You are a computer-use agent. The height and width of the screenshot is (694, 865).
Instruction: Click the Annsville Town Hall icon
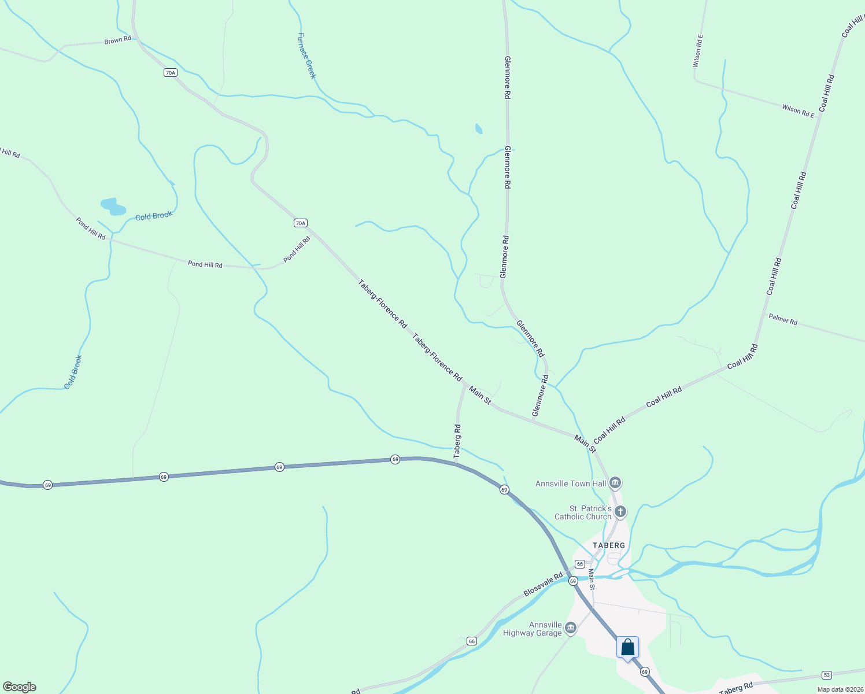tap(615, 482)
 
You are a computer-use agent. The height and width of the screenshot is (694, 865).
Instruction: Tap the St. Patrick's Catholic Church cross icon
tap(620, 511)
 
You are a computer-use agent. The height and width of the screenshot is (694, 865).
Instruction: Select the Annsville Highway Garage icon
tap(571, 627)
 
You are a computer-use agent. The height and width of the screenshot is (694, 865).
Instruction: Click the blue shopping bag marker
tap(627, 648)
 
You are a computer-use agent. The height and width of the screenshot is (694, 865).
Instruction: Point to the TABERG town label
tap(609, 545)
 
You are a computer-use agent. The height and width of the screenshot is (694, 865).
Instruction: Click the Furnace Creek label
tap(306, 56)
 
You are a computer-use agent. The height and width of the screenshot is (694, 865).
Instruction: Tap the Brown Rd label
tap(117, 40)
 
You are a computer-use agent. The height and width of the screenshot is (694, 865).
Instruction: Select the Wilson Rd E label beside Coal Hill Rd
tap(798, 110)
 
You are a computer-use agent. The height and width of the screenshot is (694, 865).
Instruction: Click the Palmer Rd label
tap(783, 319)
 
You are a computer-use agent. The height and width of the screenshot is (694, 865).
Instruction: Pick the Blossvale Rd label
tap(543, 585)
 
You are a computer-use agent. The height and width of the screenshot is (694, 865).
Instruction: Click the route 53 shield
tap(827, 675)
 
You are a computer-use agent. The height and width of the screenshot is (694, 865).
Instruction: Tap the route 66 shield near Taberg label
tap(580, 564)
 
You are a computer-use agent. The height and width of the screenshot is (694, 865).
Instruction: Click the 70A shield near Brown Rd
tap(169, 72)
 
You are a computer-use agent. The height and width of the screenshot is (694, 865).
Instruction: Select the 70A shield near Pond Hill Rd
tap(300, 223)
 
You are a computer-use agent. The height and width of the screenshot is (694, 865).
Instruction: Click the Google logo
tap(20, 687)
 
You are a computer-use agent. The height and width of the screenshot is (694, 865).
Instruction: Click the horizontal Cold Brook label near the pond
tap(154, 216)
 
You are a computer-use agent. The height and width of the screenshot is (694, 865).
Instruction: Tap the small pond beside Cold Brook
tap(113, 206)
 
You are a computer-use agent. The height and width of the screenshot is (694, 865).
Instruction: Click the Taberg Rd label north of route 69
tap(457, 442)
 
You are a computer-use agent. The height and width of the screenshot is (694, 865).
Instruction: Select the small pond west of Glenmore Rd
tap(478, 128)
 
